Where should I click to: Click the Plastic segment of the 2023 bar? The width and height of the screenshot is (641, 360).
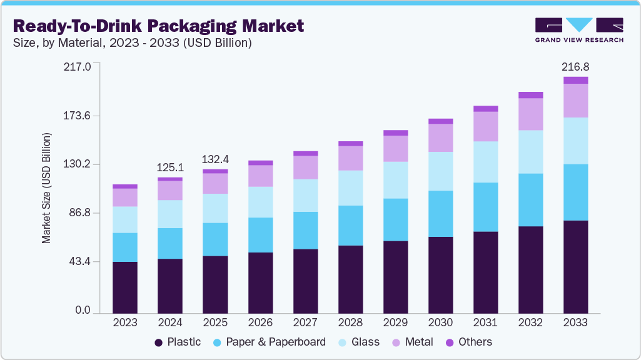click(125, 287)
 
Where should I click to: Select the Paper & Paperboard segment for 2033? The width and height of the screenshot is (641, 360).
click(575, 192)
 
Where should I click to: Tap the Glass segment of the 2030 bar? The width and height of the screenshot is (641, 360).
click(440, 171)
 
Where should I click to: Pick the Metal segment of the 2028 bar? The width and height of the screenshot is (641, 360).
click(350, 158)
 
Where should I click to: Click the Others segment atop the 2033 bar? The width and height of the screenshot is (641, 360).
click(575, 80)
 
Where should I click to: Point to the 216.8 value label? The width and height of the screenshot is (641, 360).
click(575, 66)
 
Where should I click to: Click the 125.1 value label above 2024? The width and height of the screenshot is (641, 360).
click(170, 167)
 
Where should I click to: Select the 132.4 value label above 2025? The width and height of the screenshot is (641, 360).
click(215, 159)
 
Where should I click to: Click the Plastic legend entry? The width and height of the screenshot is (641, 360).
click(178, 342)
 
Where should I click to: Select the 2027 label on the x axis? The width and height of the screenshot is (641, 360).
click(305, 322)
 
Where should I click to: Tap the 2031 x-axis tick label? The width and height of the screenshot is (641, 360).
click(485, 322)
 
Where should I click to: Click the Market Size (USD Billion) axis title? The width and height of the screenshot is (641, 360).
click(46, 188)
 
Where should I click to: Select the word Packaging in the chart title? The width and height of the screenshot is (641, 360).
click(197, 26)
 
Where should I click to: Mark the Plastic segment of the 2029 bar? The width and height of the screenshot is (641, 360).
click(395, 276)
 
